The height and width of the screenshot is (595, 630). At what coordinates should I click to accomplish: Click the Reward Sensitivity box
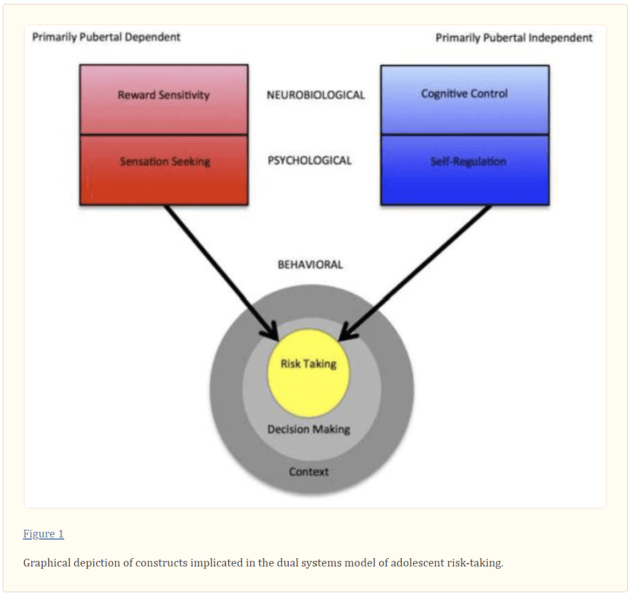point(164,99)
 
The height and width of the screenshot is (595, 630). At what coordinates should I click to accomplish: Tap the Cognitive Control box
point(464,99)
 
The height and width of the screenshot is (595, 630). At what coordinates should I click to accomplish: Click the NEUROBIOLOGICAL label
point(316,95)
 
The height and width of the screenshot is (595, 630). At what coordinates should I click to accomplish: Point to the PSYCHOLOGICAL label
point(310,161)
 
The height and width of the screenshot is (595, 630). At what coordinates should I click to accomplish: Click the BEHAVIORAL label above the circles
point(310,265)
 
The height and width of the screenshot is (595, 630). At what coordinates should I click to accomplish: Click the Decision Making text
point(308,429)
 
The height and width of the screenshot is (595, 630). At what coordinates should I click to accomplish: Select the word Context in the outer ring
point(308,471)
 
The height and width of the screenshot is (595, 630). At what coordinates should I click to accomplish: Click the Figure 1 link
point(43,534)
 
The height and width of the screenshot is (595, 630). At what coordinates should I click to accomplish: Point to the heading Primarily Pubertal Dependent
point(106,37)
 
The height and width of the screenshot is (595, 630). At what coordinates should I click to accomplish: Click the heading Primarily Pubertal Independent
point(514,38)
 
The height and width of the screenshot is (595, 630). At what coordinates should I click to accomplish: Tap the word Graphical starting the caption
point(47,563)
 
